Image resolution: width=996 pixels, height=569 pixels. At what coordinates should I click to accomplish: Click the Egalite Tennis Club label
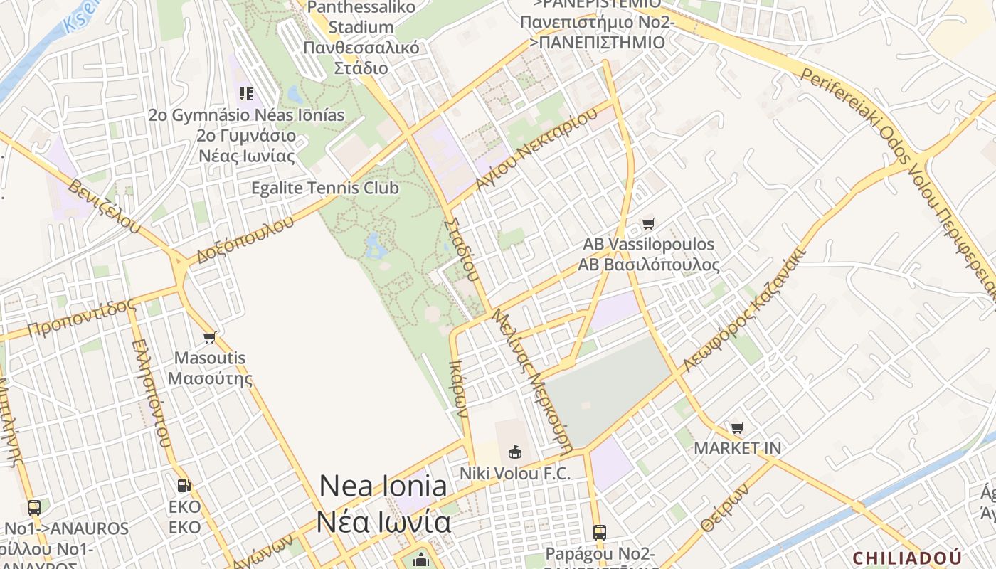click(x=325, y=188)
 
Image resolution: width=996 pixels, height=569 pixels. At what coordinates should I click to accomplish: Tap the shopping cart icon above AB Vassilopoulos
click(x=648, y=224)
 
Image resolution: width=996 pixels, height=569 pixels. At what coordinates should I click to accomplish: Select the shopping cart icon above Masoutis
click(x=209, y=337)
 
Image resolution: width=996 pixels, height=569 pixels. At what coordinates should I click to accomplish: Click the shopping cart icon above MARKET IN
click(x=738, y=428)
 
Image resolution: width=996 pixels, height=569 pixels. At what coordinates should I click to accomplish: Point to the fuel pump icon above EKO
click(x=184, y=486)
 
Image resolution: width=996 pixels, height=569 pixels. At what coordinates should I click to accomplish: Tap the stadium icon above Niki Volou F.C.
click(x=514, y=452)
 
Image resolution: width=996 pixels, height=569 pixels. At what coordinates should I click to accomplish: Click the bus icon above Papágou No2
click(x=600, y=532)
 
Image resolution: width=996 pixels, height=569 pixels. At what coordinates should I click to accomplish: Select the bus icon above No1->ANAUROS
click(x=34, y=508)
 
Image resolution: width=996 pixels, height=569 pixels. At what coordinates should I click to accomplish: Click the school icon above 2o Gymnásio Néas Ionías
click(x=246, y=94)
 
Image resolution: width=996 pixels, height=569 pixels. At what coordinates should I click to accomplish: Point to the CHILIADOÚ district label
click(x=907, y=558)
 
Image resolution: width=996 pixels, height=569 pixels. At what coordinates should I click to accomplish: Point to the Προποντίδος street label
click(x=81, y=318)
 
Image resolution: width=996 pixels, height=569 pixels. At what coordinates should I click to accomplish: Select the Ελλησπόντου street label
click(x=152, y=392)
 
